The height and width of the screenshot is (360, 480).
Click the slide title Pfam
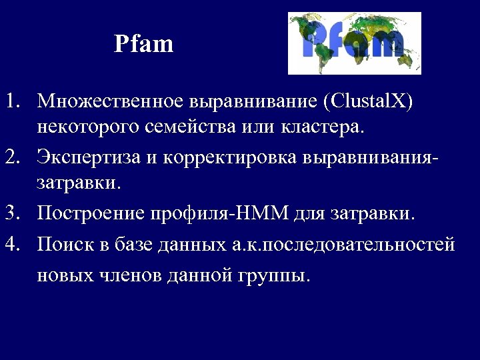[143, 45]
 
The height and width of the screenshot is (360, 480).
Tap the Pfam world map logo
[354, 43]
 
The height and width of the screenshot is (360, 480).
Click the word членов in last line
[129, 275]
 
